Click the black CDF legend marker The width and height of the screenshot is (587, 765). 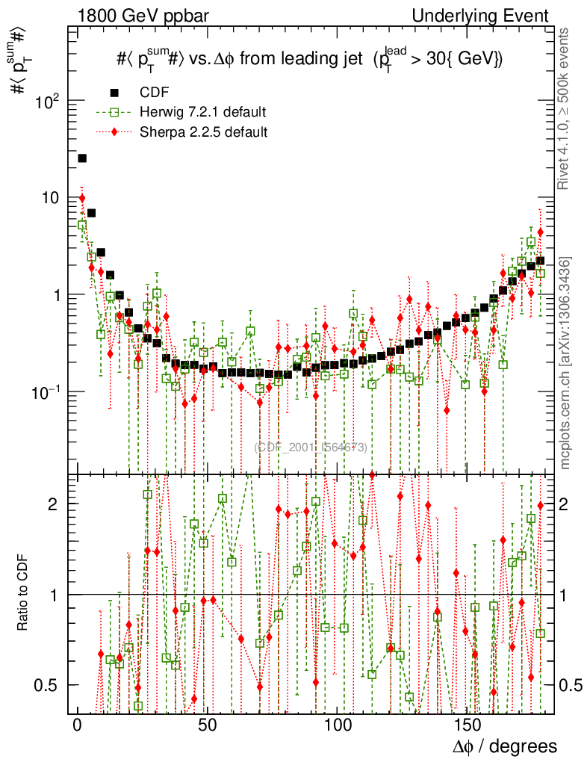point(114,93)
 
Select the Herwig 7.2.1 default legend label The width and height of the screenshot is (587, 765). point(203,113)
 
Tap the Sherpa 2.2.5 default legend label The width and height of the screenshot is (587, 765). point(203,132)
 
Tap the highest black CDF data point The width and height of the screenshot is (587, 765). point(82,158)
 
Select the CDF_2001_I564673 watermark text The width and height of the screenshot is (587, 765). point(311,447)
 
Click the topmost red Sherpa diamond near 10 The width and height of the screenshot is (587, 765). point(82,198)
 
